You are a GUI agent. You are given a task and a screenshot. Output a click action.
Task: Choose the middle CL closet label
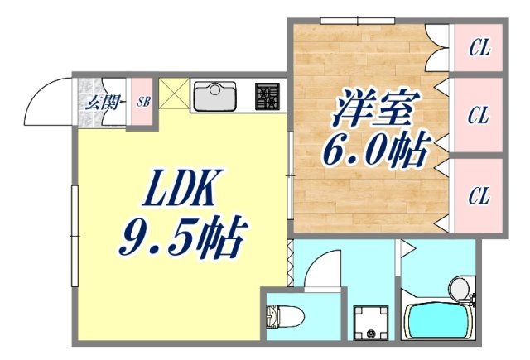478,115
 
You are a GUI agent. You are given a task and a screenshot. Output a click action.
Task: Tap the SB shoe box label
143,103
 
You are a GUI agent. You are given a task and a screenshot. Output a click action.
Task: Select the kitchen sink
215,97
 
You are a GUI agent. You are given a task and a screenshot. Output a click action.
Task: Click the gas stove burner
267,97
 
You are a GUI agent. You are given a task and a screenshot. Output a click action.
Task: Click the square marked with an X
174,94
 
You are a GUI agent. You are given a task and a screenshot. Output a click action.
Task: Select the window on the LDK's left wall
75,224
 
